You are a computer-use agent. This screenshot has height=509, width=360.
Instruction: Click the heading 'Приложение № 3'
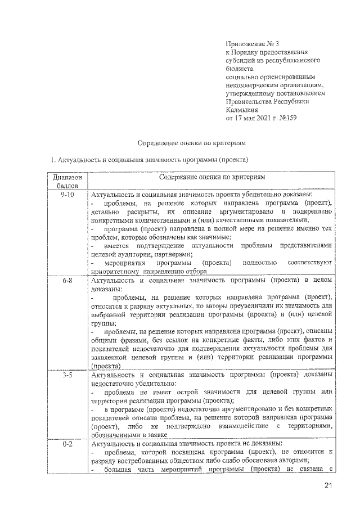tap(250, 43)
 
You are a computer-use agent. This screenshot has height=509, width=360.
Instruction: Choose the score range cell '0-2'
tap(67, 444)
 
